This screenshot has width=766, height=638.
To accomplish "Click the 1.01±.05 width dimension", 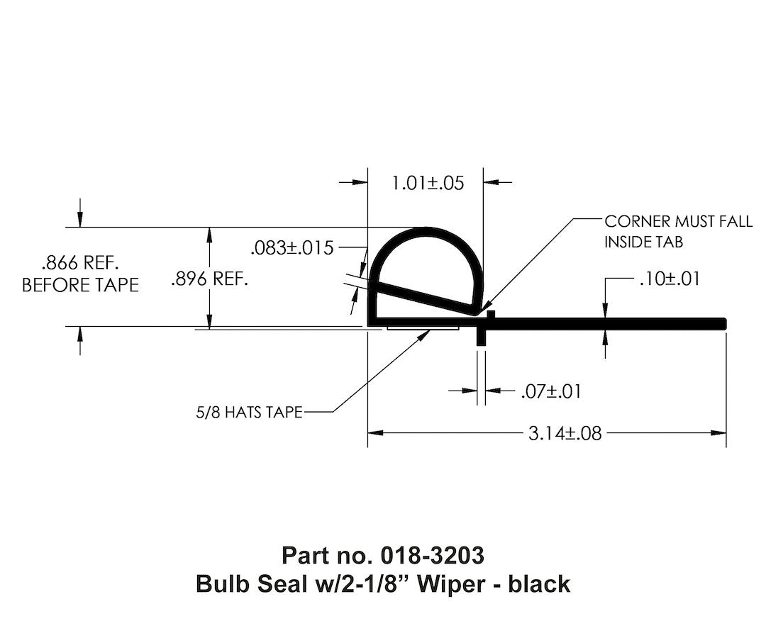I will [x=427, y=183].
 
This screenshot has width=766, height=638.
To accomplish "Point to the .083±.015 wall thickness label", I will [x=292, y=248].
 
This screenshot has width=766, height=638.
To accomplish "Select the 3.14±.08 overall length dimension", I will [x=565, y=433].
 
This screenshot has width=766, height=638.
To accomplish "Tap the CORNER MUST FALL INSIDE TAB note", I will [x=677, y=231].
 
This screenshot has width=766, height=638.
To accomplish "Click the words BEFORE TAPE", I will [x=80, y=285].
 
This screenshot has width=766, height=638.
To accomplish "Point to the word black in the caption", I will [x=541, y=583].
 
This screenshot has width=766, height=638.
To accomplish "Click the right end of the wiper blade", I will [x=723, y=323].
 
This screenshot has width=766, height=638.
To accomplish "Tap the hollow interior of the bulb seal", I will [x=426, y=269].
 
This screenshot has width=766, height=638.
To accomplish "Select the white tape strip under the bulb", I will [x=423, y=328].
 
